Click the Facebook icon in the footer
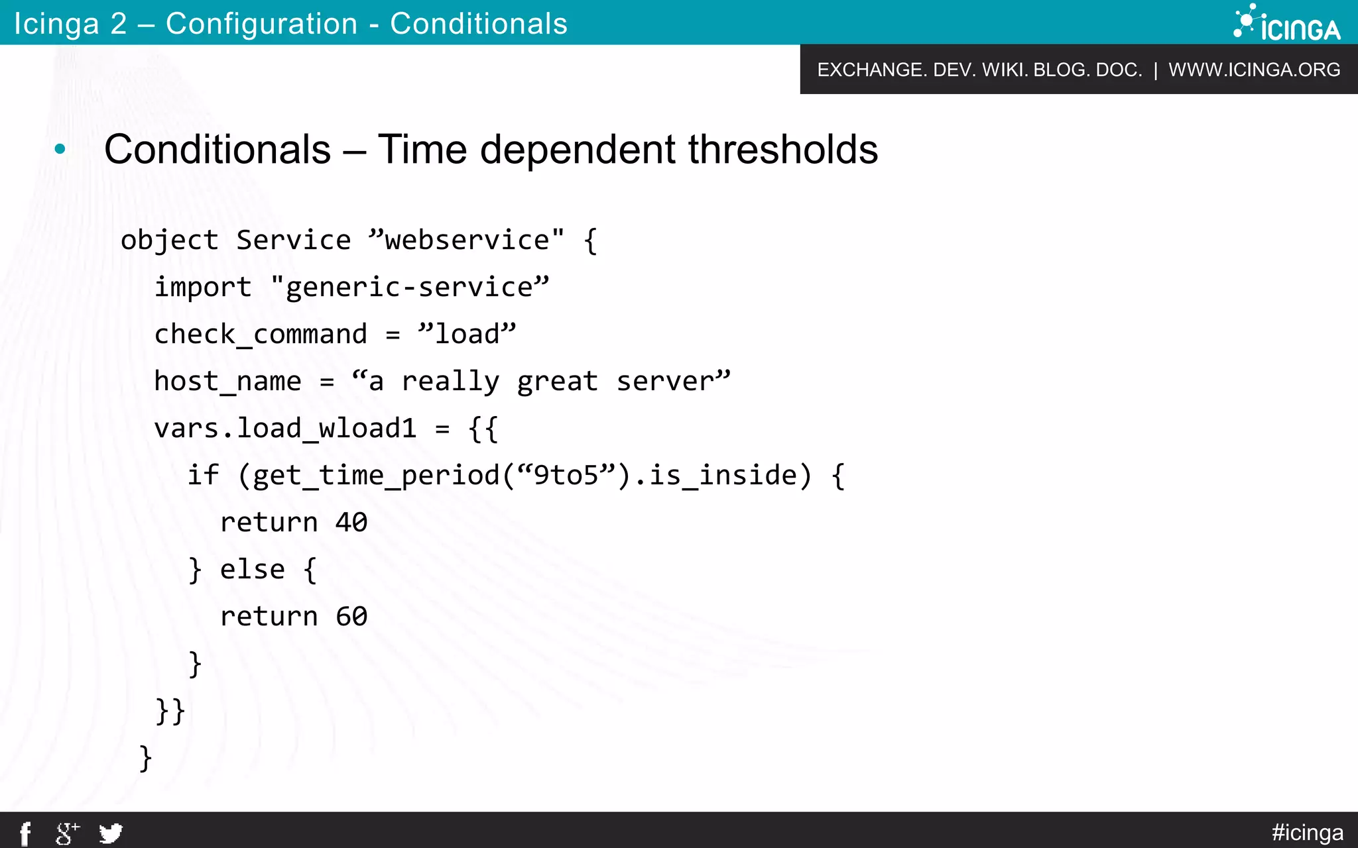pyautogui.click(x=25, y=833)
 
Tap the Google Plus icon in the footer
pyautogui.click(x=67, y=833)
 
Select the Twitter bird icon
pyautogui.click(x=111, y=833)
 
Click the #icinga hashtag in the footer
pyautogui.click(x=1307, y=832)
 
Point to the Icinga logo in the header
pyautogui.click(x=1287, y=24)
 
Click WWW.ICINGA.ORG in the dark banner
pyautogui.click(x=1254, y=70)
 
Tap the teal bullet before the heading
pyautogui.click(x=60, y=150)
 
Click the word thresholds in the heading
pyautogui.click(x=782, y=150)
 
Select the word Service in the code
pyautogui.click(x=293, y=240)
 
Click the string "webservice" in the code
pyautogui.click(x=467, y=240)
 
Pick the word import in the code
pyautogui.click(x=203, y=288)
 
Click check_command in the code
pyautogui.click(x=261, y=335)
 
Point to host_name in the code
pyautogui.click(x=227, y=382)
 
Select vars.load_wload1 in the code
pyautogui.click(x=285, y=429)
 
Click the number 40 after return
pyautogui.click(x=351, y=523)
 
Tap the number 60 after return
pyautogui.click(x=351, y=617)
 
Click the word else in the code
pyautogui.click(x=252, y=570)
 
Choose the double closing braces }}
pyautogui.click(x=170, y=712)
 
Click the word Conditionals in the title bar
pyautogui.click(x=478, y=24)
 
